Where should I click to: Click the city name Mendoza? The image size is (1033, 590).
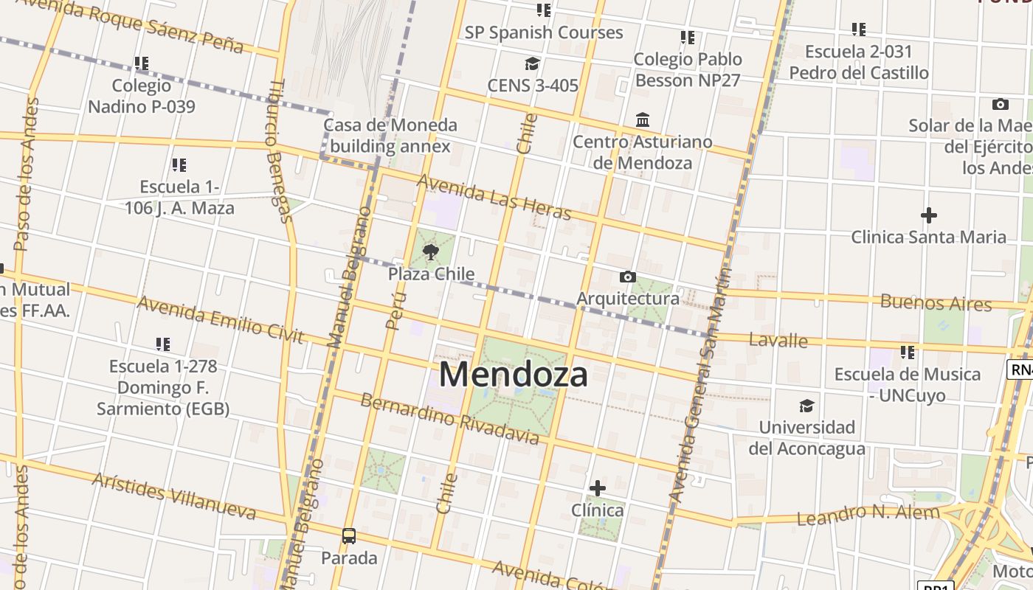coord(514,375)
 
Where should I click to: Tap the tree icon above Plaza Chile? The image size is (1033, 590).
coord(431,254)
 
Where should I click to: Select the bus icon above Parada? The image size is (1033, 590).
coord(349,536)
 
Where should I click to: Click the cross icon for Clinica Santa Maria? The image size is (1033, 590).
coord(929,215)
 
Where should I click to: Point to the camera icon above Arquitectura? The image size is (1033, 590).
coord(628,277)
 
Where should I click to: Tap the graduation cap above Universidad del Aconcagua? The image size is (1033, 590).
coord(806,406)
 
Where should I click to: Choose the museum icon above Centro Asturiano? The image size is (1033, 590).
coord(643,119)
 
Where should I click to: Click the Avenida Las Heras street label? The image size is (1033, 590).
coord(494,197)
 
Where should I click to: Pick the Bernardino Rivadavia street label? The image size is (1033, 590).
coord(450,419)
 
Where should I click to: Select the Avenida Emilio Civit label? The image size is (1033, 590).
coord(221,319)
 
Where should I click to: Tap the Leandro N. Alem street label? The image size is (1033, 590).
coord(868,513)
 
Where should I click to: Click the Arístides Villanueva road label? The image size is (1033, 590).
coord(175,496)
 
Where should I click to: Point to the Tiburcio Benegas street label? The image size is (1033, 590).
coord(279,150)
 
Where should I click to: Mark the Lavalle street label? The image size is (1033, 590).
coord(778,340)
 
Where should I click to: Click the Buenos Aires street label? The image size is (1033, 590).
coord(936,302)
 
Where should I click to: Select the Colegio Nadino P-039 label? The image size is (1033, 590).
coord(142,97)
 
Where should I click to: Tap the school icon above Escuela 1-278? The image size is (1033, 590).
coord(163,344)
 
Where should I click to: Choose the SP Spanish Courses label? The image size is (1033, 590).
coord(544,32)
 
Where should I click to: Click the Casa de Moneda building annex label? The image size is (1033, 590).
coord(390,136)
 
